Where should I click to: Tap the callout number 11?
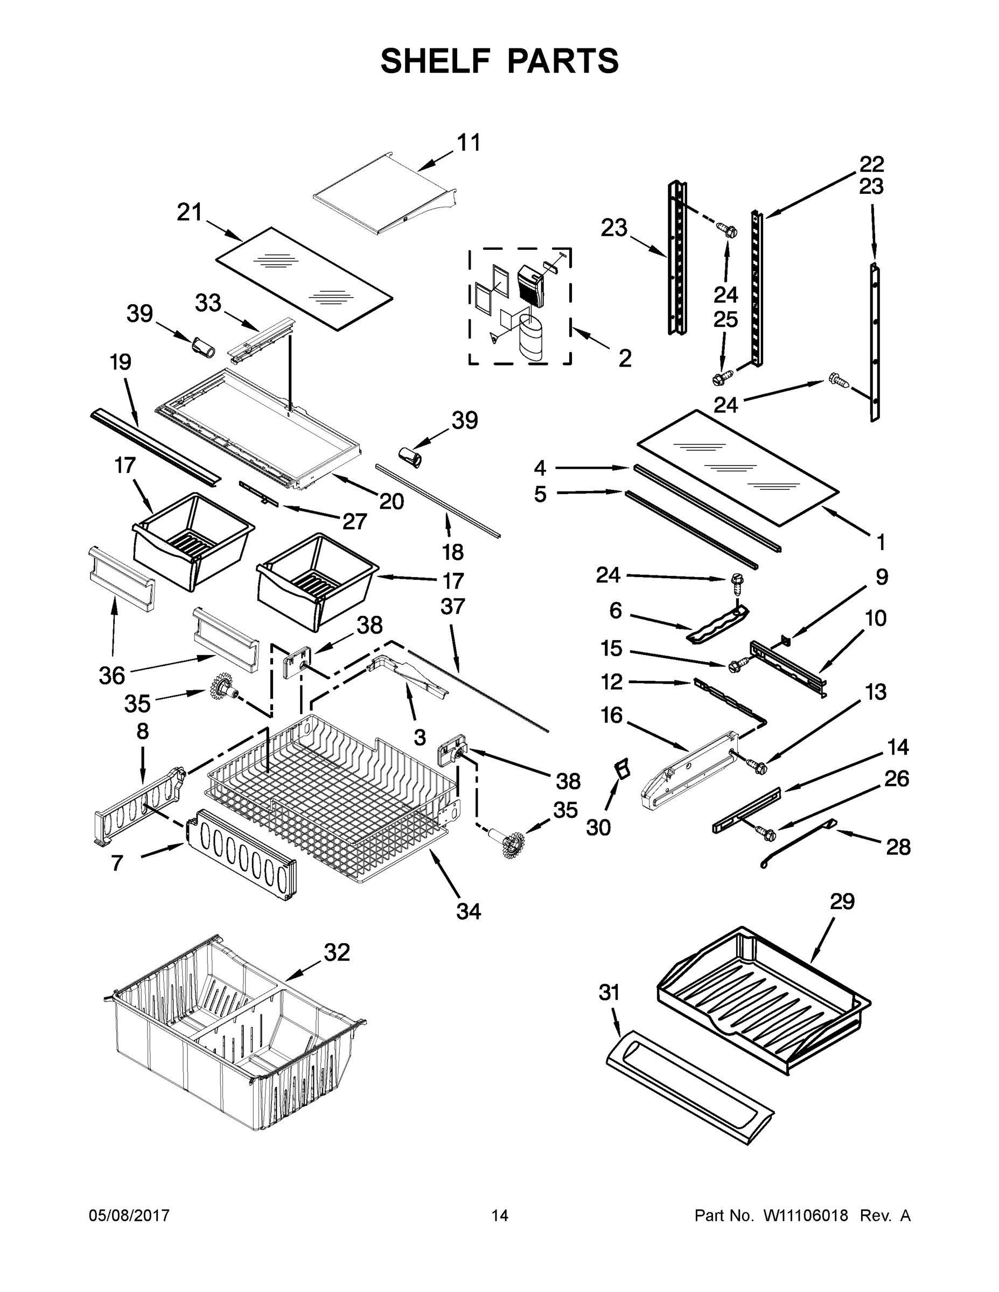[468, 143]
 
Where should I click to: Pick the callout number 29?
[842, 901]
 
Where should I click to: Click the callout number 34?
[468, 911]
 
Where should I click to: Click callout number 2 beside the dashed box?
[624, 359]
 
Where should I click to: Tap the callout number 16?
[611, 715]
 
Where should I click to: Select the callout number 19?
[121, 362]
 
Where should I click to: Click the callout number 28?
[898, 847]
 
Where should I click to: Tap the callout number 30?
[598, 827]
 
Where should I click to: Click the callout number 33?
[208, 303]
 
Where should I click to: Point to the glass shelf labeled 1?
[737, 467]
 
